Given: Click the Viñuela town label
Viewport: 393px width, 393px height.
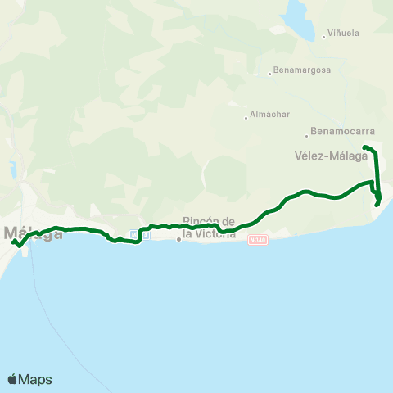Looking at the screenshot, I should (344, 34).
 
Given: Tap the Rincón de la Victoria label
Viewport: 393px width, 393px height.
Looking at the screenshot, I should (209, 228).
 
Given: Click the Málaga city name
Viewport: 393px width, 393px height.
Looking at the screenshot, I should (33, 233).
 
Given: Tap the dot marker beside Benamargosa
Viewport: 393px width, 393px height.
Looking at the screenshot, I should (269, 74).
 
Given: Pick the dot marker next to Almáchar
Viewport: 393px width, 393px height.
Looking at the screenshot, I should (246, 116).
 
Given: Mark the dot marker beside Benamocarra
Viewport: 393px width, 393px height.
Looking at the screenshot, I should (306, 135).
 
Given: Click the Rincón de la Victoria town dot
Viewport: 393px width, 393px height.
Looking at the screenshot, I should (178, 240).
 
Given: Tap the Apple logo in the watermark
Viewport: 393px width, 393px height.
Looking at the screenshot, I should (12, 379).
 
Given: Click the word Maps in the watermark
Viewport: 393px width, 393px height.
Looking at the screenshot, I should (36, 379).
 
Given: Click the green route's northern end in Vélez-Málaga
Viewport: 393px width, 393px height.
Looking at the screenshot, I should (364, 147).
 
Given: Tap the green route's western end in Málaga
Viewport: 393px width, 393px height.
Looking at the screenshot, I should (13, 242).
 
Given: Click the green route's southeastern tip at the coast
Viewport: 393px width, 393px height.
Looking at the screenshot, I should (377, 205).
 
